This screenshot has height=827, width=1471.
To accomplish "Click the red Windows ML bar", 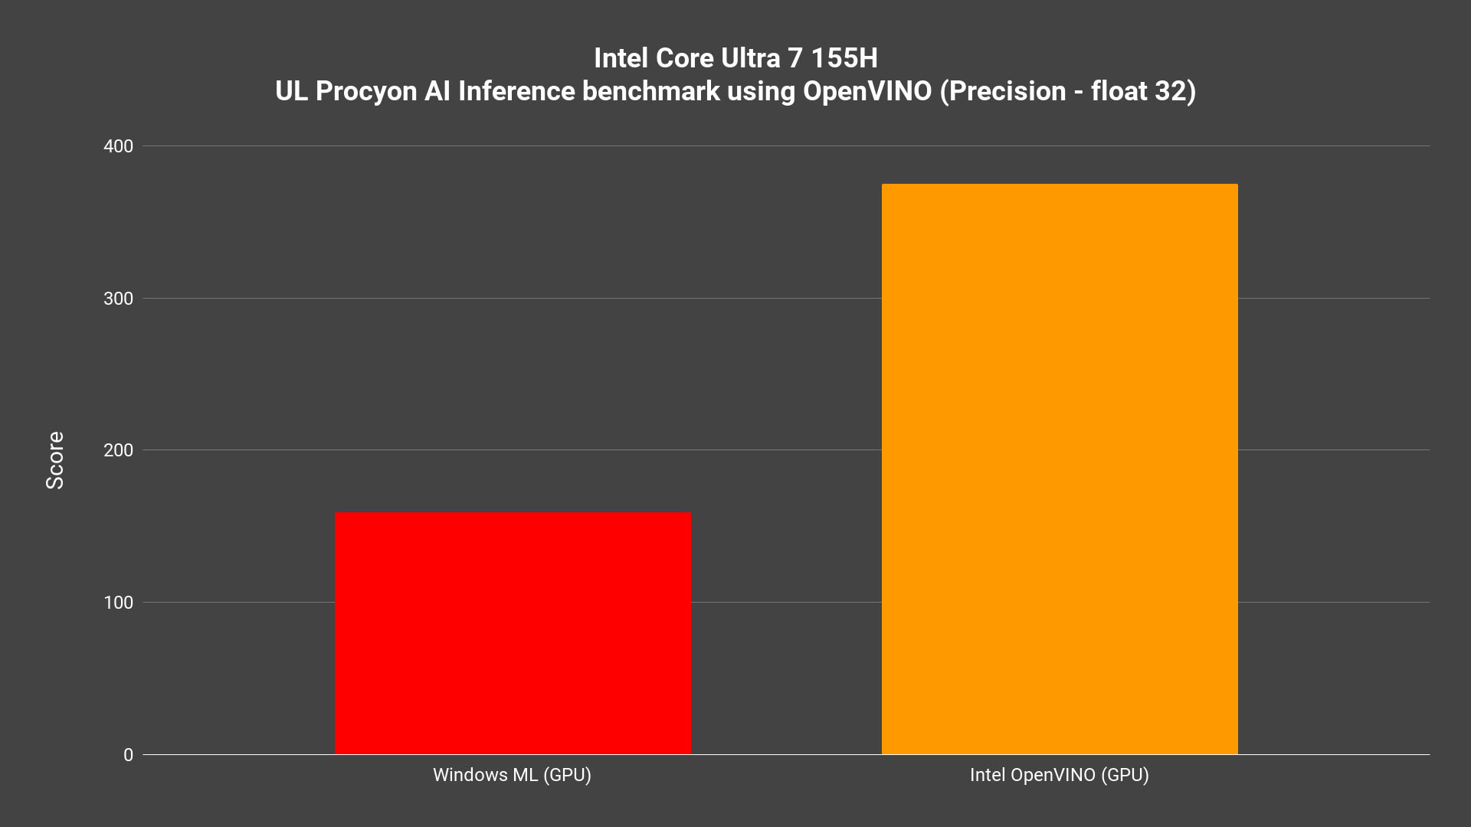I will (x=513, y=633).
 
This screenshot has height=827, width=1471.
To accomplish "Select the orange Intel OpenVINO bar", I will (x=1060, y=469).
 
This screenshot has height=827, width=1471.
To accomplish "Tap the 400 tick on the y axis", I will (x=118, y=146).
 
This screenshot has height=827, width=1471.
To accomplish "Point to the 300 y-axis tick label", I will (x=118, y=299).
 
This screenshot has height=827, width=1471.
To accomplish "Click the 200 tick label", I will (x=118, y=450).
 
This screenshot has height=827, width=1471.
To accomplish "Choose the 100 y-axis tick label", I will (x=118, y=603).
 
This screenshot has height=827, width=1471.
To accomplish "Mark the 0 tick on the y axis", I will (x=128, y=755).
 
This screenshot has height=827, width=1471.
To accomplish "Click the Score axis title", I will (x=55, y=460).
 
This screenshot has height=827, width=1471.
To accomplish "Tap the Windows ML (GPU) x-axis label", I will (x=512, y=775).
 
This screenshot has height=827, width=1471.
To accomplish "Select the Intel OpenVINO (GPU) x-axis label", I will (x=1059, y=775).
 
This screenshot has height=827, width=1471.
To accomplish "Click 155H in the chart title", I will (x=844, y=58).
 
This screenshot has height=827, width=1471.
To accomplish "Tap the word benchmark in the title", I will (x=650, y=91).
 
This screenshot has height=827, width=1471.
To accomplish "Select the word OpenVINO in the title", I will (x=867, y=91).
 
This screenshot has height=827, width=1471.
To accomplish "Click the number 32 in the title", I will (x=1175, y=91).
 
